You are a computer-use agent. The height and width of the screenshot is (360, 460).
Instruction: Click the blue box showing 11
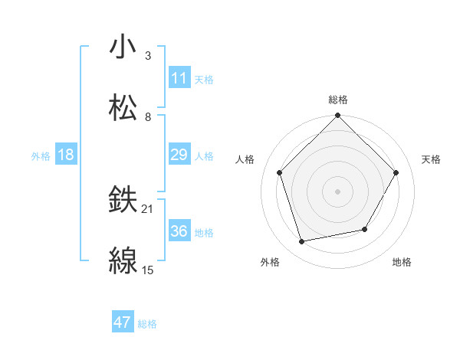click(179, 78)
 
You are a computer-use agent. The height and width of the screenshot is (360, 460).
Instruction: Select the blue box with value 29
click(179, 155)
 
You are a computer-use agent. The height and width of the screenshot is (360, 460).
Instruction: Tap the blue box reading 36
click(179, 232)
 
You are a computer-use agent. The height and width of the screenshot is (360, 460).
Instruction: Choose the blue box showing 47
click(123, 323)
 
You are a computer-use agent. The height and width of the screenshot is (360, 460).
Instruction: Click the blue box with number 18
click(66, 155)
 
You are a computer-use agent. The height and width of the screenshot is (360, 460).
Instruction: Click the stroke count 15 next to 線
click(148, 270)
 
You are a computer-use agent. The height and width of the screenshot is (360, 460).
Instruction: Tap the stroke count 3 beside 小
click(148, 55)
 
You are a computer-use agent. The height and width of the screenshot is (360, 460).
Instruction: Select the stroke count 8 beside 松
click(148, 116)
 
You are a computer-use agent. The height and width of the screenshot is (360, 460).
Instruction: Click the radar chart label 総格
click(338, 100)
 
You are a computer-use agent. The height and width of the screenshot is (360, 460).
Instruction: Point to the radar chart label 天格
click(431, 159)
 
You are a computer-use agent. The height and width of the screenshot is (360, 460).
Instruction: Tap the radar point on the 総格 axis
click(338, 116)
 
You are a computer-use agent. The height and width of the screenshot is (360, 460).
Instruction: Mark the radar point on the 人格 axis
click(280, 173)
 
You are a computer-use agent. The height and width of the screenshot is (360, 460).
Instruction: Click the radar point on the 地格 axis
click(365, 229)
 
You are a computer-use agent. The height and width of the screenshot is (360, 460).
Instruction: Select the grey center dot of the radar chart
click(338, 191)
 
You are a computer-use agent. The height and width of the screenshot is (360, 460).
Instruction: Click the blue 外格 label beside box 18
click(41, 156)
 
